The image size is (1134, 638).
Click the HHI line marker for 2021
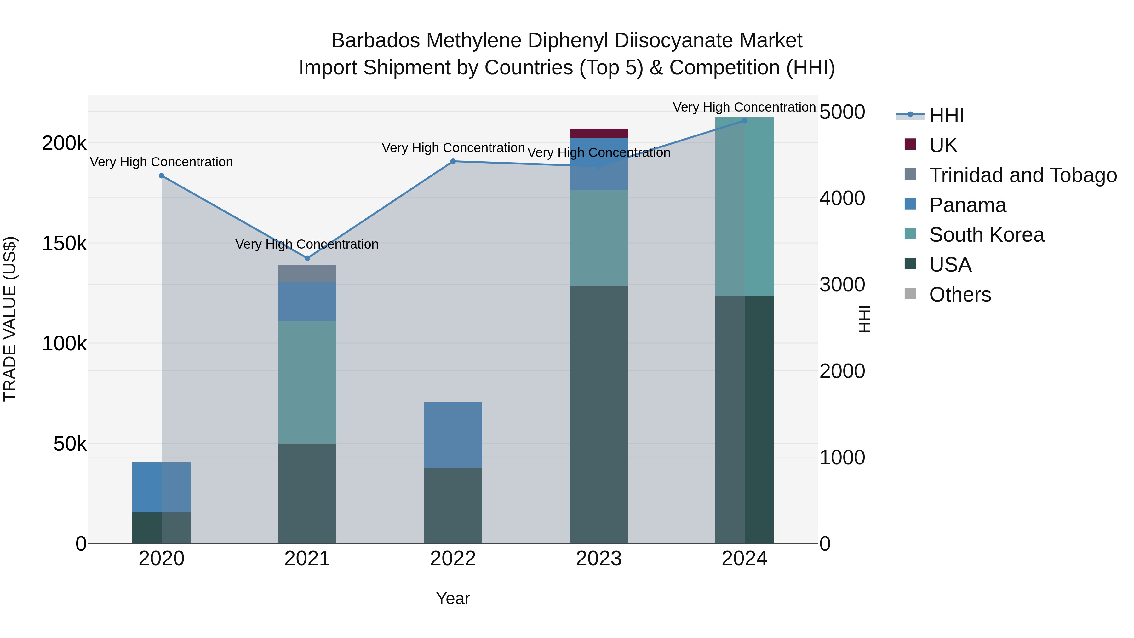(307, 258)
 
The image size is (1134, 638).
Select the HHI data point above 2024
(744, 120)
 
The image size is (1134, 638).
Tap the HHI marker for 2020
(162, 176)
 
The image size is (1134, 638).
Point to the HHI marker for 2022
(453, 161)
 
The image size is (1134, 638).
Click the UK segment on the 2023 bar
(599, 133)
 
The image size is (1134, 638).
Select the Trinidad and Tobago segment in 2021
(307, 273)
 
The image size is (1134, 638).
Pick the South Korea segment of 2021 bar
(307, 382)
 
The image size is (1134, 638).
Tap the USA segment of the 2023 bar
(599, 414)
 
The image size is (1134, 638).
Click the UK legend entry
(943, 145)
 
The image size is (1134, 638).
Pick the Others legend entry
(960, 295)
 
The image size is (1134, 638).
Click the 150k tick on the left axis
(64, 243)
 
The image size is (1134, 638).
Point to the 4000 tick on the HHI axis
(842, 198)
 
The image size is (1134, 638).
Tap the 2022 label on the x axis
(453, 559)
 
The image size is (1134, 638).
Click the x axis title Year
(453, 598)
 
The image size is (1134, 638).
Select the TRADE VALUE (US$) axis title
(10, 319)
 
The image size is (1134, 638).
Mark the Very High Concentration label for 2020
(162, 162)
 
